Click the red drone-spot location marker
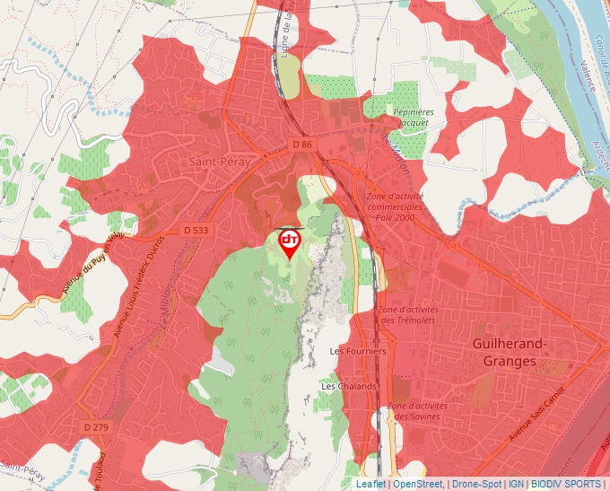(290, 242)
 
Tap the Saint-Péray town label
(218, 162)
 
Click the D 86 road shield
(302, 144)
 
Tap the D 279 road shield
(95, 426)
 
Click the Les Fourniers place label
(358, 351)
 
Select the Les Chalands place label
(349, 386)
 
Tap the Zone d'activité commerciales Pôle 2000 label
(396, 206)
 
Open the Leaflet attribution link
(370, 483)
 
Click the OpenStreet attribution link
(418, 483)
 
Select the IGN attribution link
(516, 483)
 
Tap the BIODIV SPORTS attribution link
(566, 483)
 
